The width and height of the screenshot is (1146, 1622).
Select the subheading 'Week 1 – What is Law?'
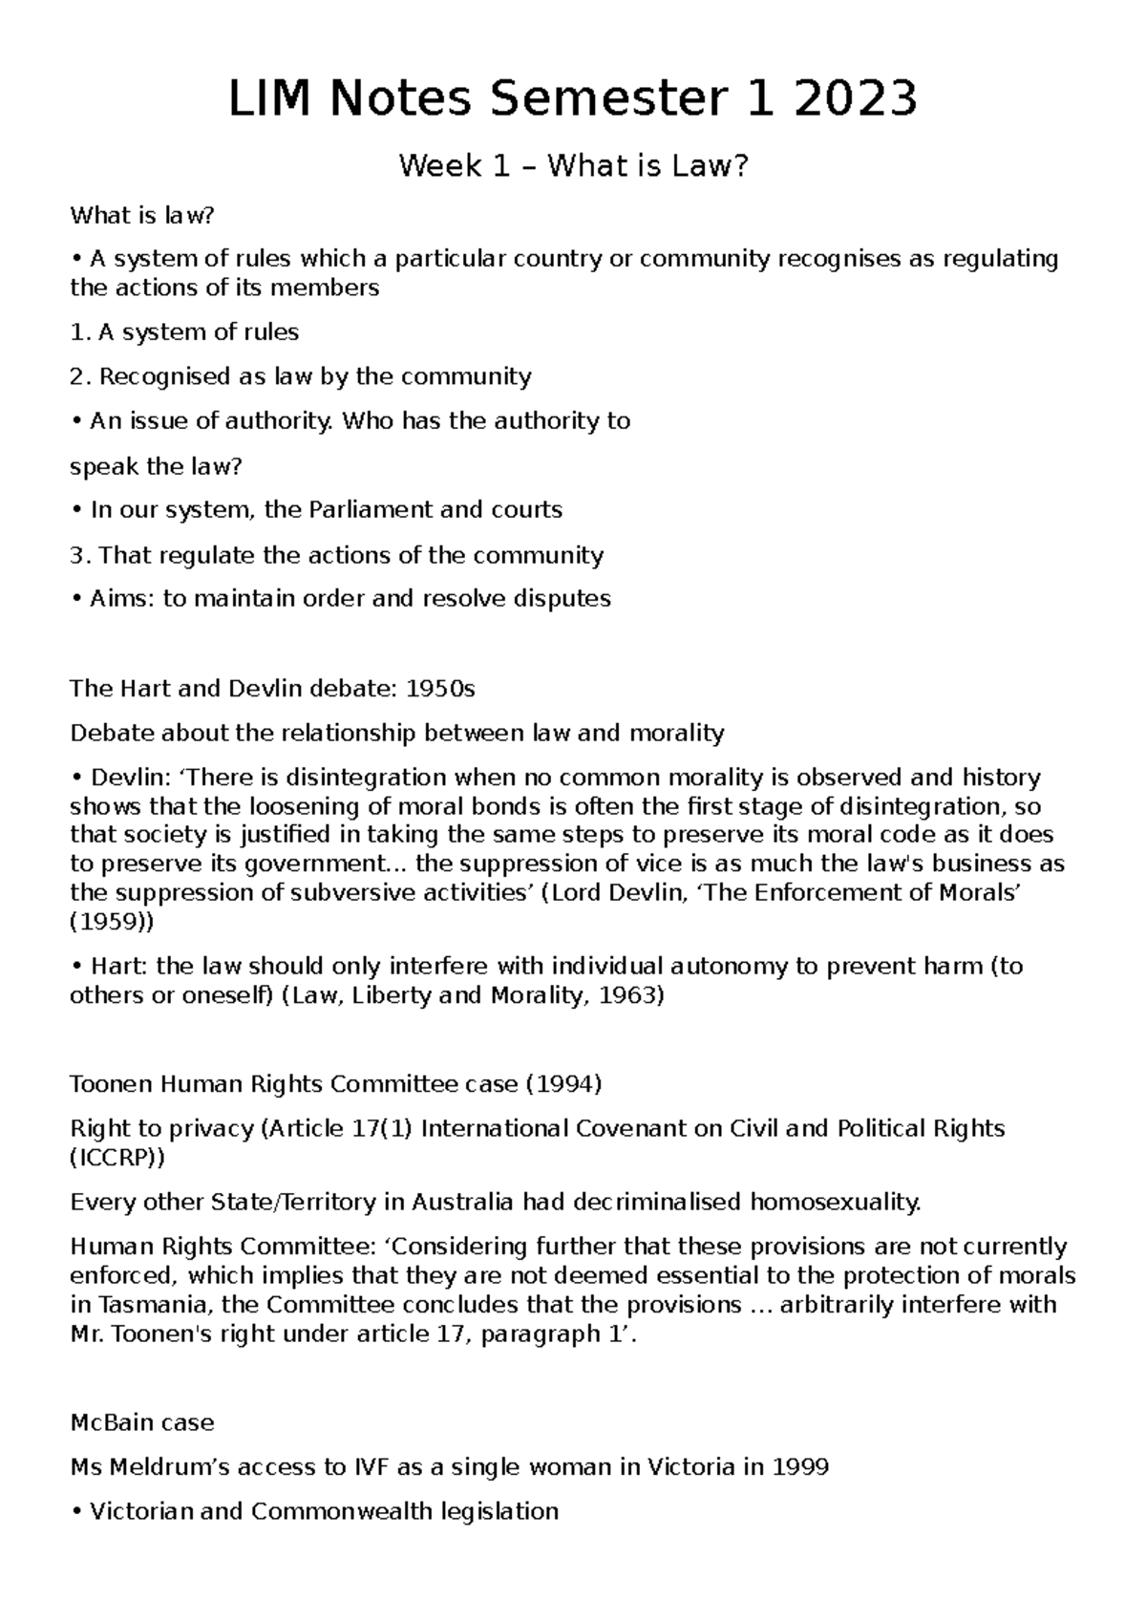coord(573,167)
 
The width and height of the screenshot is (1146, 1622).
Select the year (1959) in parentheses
coord(111,923)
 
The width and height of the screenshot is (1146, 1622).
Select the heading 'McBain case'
coord(142,1423)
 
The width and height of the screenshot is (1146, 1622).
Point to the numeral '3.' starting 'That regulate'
coord(80,556)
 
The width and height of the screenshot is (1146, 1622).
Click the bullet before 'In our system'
coord(76,511)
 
